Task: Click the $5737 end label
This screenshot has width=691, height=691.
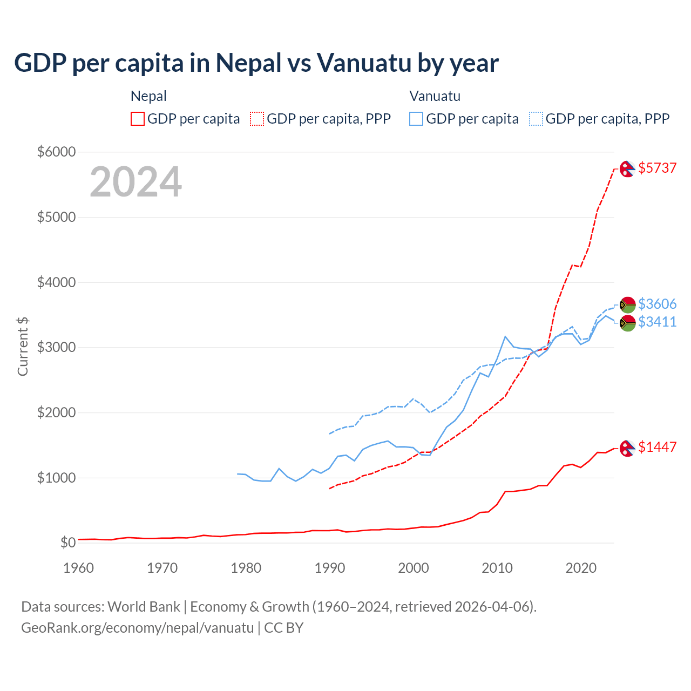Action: point(657,168)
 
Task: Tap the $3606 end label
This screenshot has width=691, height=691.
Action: point(657,304)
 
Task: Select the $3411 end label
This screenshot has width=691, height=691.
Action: point(657,322)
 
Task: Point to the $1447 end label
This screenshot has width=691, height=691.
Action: point(657,447)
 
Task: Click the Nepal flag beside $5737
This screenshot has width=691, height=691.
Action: point(627,169)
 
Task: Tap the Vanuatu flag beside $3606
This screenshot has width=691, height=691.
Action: point(627,304)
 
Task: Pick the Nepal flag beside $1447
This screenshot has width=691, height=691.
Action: point(627,448)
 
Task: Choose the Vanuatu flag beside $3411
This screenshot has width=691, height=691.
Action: point(627,323)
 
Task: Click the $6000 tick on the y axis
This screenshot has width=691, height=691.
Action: point(56,152)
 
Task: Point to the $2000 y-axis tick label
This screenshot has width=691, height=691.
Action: point(56,412)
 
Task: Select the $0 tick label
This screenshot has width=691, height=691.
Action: point(67,543)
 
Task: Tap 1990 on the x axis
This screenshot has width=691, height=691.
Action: point(330,568)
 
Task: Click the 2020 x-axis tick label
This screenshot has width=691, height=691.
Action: point(581,568)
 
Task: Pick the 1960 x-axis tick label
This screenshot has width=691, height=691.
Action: point(79,568)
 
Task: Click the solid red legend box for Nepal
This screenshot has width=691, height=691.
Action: point(138,119)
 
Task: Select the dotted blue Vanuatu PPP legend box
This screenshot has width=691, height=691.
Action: point(536,119)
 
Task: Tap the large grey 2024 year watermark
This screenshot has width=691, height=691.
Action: point(136,182)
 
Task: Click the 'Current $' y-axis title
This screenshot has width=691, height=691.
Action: point(23,347)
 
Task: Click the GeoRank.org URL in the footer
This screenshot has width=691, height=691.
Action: point(137,628)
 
